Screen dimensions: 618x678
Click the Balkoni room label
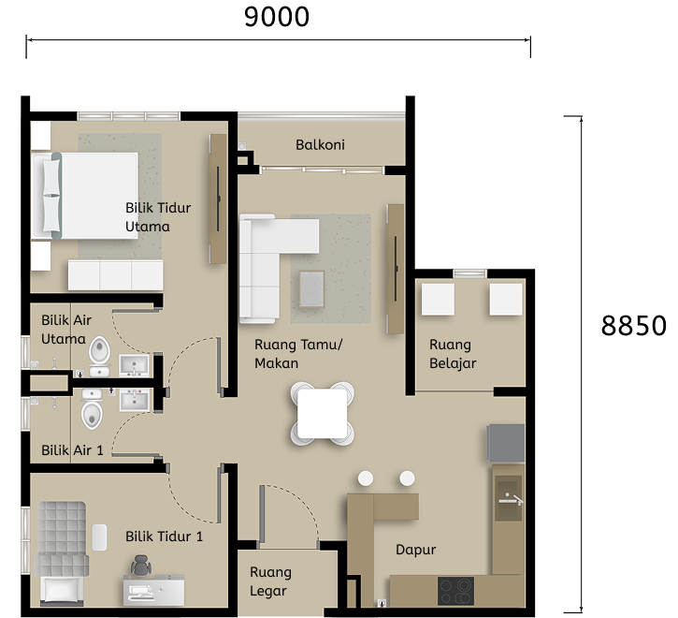point(320,145)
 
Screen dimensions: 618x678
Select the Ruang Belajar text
point(453,355)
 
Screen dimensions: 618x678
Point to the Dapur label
point(415,550)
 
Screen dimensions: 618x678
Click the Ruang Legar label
point(270,581)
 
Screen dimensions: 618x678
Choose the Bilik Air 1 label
point(72,450)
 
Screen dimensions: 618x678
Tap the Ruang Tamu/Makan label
point(298,354)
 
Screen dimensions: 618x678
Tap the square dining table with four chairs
point(323,412)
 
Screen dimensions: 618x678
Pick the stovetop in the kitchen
point(455,591)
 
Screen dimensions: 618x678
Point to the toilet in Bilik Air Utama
point(100,354)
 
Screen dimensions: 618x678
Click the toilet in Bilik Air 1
point(92,412)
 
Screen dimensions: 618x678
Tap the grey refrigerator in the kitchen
point(505,442)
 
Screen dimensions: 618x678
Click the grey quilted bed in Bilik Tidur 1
point(62,538)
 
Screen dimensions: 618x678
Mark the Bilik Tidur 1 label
point(164,537)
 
